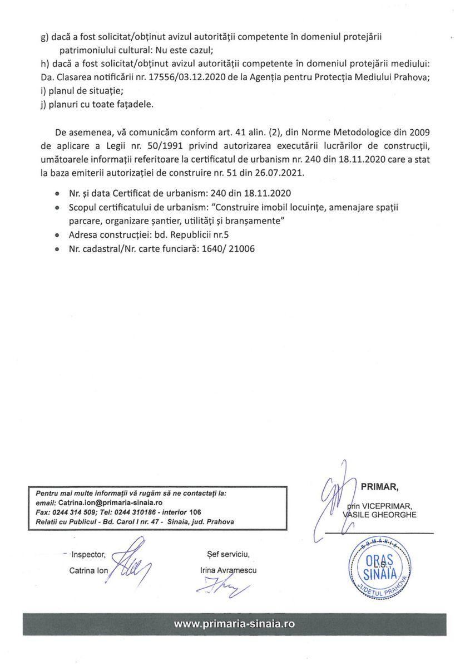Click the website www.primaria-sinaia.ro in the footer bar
coord(234,624)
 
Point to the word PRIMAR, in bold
coord(379,486)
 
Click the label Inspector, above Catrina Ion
coord(88,554)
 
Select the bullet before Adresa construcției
coord(58,236)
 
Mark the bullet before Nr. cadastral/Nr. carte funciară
coord(58,250)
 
